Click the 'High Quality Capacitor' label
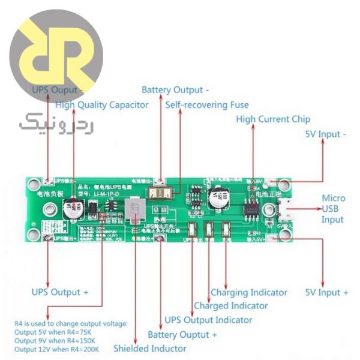(101, 104)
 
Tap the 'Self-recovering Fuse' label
(207, 104)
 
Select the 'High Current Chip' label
(273, 119)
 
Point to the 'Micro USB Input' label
(333, 209)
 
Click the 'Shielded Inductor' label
(149, 348)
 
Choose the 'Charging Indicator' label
(248, 292)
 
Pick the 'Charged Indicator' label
(231, 306)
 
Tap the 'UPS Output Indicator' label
(208, 320)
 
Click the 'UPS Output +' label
(60, 292)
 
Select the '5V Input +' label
(326, 292)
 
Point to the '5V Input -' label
(326, 134)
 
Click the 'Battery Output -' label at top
(175, 90)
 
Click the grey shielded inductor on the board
(135, 210)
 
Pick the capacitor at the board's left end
(73, 209)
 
